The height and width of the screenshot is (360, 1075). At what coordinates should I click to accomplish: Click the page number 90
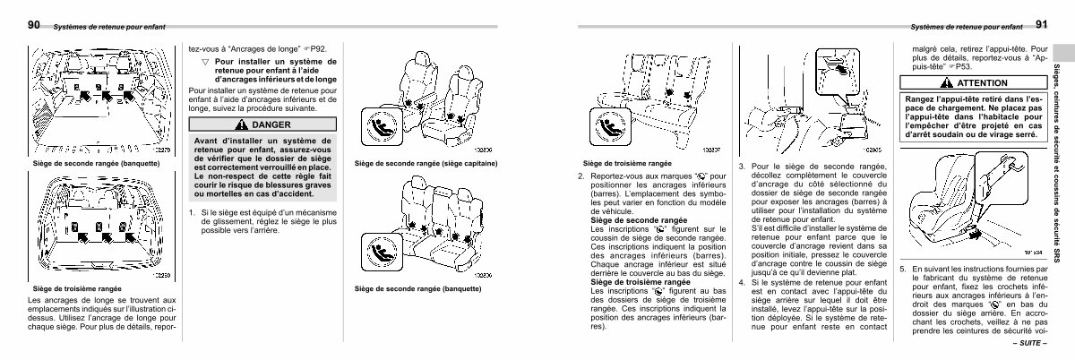pyautogui.click(x=33, y=25)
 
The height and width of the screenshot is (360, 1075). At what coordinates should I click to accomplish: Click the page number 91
pyautogui.click(x=1041, y=25)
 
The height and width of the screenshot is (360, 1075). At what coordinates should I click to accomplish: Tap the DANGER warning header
pyautogui.click(x=251, y=124)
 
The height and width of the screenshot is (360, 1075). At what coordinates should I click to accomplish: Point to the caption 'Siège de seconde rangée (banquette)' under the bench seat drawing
pyautogui.click(x=418, y=289)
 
